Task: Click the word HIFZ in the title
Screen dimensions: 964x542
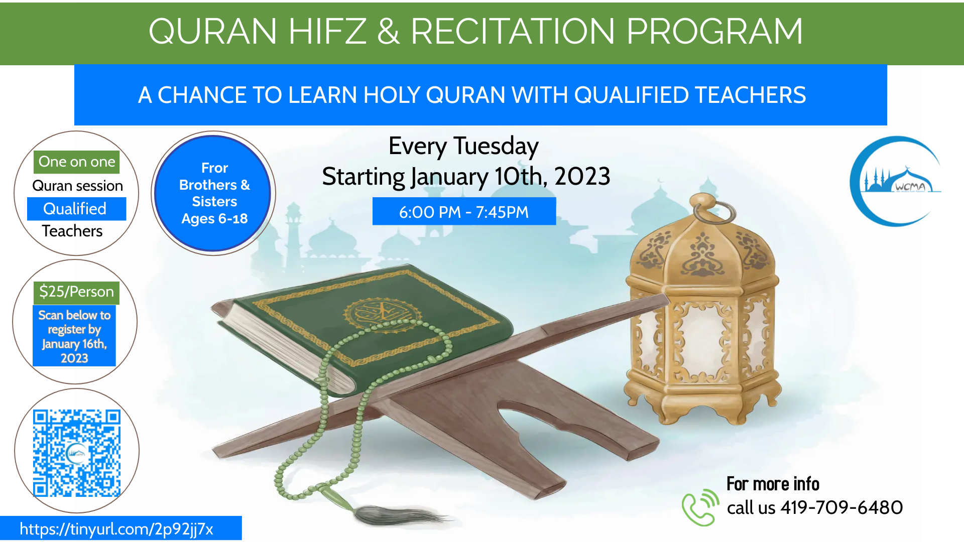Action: [x=327, y=31]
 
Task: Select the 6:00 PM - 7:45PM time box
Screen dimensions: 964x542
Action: [x=464, y=211]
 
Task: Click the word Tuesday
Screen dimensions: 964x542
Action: [x=496, y=146]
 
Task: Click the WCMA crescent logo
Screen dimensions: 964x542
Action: [x=895, y=181]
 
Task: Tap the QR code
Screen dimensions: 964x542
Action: [x=77, y=453]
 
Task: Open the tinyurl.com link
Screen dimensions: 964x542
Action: [x=116, y=529]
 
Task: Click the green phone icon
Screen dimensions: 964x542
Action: [x=700, y=507]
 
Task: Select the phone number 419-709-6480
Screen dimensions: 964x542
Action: [x=841, y=507]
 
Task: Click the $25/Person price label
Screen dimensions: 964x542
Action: [x=76, y=292]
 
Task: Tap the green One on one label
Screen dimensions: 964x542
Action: [x=77, y=162]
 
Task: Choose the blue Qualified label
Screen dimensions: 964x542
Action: [x=76, y=209]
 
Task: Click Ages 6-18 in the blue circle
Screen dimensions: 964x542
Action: [x=214, y=219]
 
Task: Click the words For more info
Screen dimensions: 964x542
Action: [x=773, y=484]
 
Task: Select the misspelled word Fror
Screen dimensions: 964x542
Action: [x=214, y=168]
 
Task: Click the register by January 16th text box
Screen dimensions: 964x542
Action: [x=74, y=336]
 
